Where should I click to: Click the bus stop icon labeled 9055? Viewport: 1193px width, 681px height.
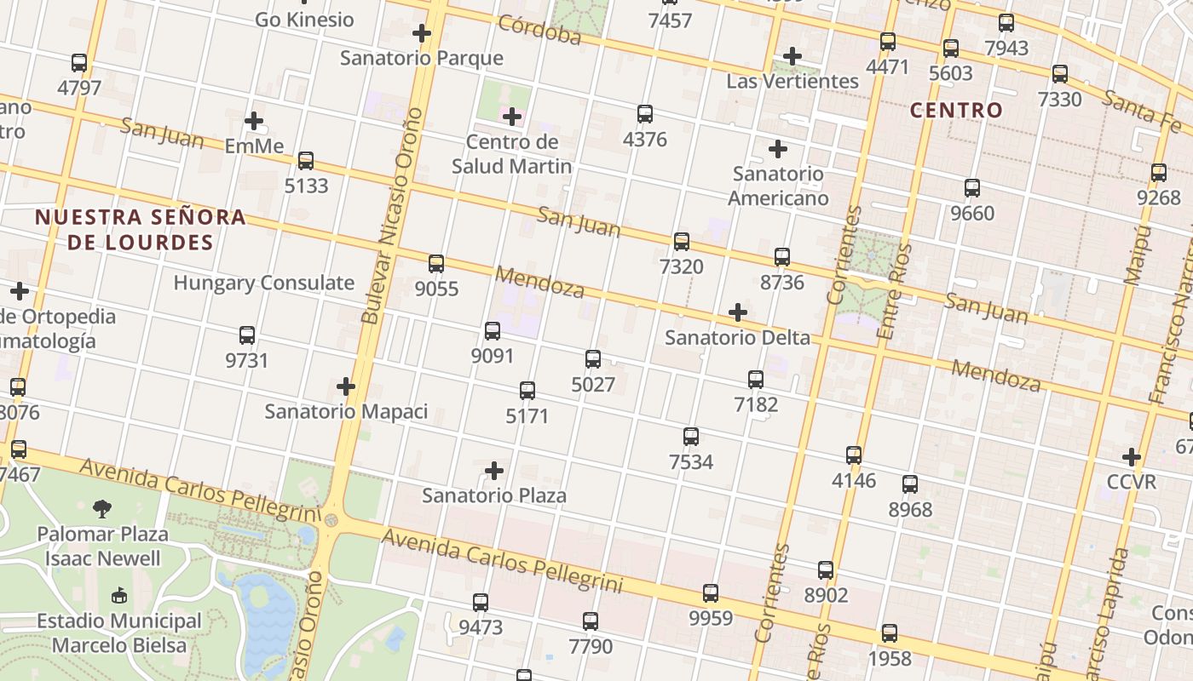tap(436, 263)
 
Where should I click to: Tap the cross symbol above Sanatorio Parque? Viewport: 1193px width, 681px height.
tap(421, 33)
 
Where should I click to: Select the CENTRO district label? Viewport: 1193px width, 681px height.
tap(956, 110)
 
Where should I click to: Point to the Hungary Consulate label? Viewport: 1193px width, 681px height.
tap(264, 283)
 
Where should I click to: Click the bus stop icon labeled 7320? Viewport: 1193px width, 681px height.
tap(682, 241)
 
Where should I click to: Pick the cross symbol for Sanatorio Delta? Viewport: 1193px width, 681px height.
tap(738, 312)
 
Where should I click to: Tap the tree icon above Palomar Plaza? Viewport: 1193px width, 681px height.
tap(102, 509)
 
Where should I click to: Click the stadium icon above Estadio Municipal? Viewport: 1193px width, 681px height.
tap(118, 596)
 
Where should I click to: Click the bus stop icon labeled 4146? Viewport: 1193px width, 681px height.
tap(854, 455)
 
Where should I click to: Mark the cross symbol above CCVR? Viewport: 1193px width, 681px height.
tap(1132, 457)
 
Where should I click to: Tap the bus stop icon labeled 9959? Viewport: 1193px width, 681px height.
tap(711, 592)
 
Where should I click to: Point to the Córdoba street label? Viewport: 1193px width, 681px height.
tap(540, 29)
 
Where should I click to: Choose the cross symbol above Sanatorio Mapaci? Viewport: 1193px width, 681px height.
tap(346, 386)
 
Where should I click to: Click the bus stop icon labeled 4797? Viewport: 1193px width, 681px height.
tap(79, 62)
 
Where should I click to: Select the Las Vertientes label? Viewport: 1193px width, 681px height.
tap(792, 81)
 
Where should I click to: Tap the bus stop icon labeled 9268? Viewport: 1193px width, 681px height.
tap(1159, 172)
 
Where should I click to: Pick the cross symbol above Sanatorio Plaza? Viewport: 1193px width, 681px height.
tap(494, 470)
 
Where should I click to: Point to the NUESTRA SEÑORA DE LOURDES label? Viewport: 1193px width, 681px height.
tap(141, 229)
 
